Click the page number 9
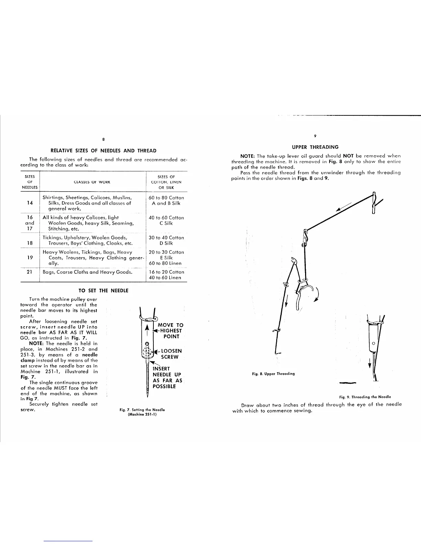click(315, 136)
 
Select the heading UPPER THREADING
click(315, 147)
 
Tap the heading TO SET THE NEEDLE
click(104, 291)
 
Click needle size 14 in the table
click(30, 203)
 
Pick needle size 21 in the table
click(30, 272)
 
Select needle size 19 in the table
click(30, 258)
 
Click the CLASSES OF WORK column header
click(92, 182)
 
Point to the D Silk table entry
click(166, 243)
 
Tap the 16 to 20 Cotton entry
click(167, 272)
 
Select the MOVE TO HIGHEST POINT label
click(170, 331)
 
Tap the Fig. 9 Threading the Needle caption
click(365, 397)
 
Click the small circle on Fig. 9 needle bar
click(374, 343)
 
